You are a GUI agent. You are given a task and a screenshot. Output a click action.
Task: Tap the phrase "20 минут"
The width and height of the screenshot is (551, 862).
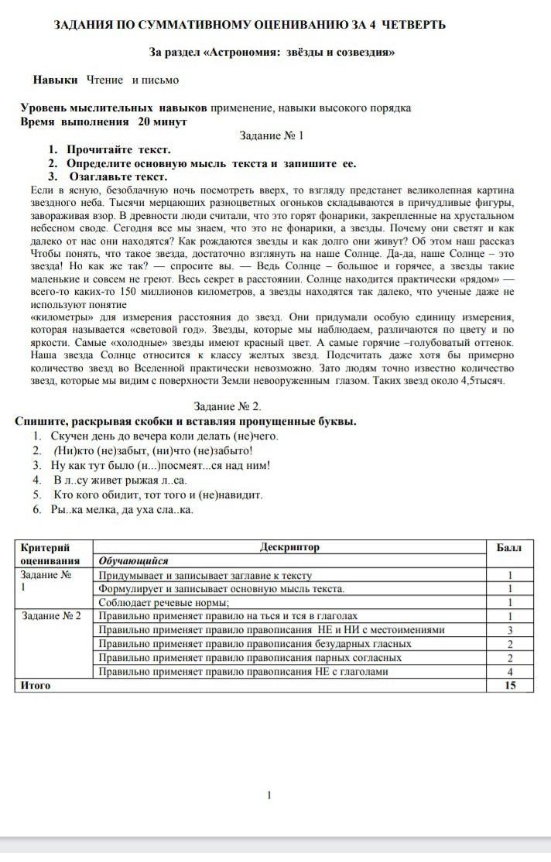pos(163,121)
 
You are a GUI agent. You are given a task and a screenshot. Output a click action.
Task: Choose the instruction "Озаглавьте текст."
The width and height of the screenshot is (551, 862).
pos(117,176)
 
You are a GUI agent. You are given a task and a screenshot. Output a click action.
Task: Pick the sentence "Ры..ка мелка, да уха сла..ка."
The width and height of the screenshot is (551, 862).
pos(121,509)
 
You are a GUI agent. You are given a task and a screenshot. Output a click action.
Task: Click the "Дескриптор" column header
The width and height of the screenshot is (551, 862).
pos(290,547)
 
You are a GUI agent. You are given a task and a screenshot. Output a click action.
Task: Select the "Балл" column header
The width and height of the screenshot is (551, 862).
pos(509,547)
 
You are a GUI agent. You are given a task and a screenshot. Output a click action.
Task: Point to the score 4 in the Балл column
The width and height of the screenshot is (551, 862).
pos(510,671)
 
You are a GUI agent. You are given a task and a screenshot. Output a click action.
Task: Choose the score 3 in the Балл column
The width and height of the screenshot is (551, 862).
pos(510,630)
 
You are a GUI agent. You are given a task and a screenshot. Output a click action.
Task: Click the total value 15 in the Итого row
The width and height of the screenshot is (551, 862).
pos(509,685)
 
